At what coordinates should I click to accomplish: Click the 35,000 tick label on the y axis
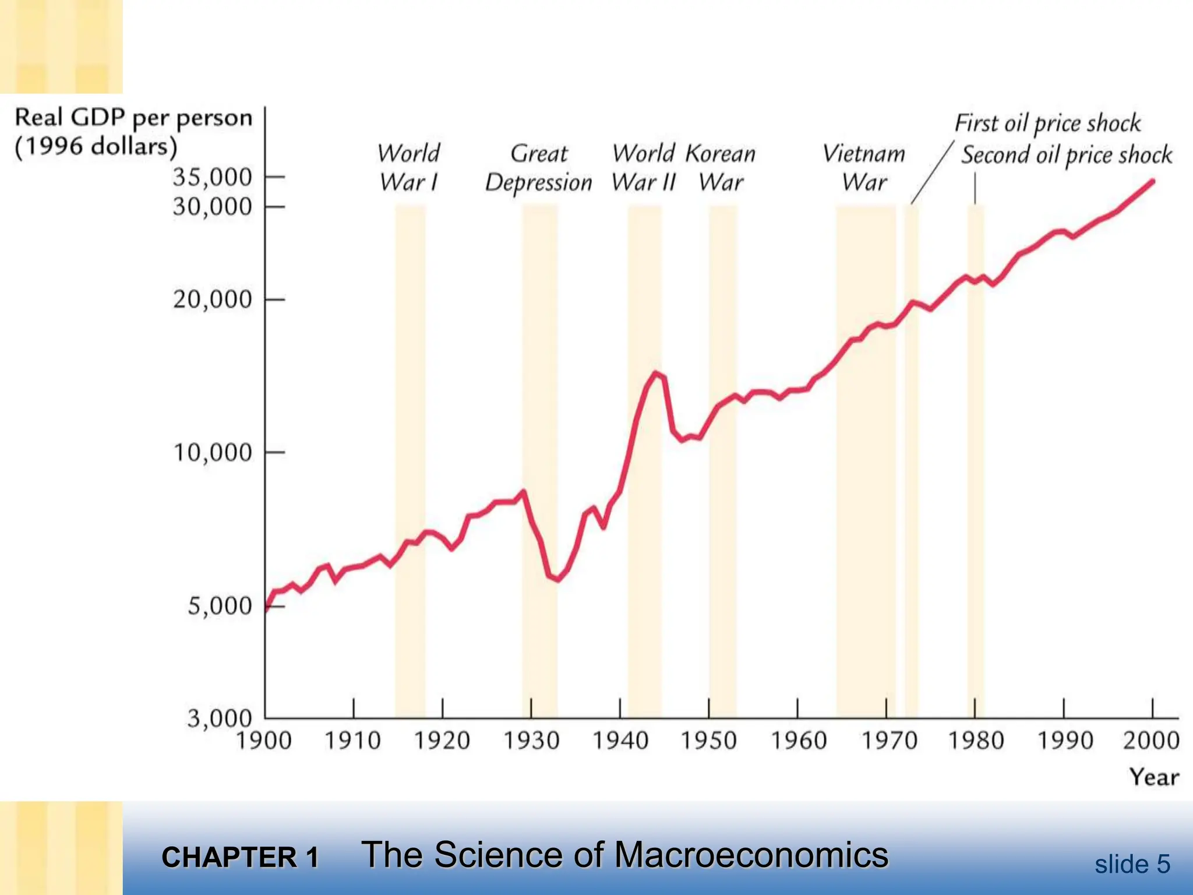[x=212, y=177]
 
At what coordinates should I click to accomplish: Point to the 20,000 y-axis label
[x=212, y=299]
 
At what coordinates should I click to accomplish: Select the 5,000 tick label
[x=219, y=606]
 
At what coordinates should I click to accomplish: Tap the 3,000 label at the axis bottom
[x=219, y=718]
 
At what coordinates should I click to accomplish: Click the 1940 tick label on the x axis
[x=620, y=741]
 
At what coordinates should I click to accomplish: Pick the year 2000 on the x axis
[x=1151, y=741]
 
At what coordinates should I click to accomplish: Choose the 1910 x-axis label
[x=352, y=741]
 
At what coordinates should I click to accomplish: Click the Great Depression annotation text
[x=539, y=168]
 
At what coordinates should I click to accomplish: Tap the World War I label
[x=409, y=168]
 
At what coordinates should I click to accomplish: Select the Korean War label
[x=721, y=168]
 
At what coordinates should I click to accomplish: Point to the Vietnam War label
[x=864, y=168]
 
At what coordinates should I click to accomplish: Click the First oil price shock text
[x=1047, y=124]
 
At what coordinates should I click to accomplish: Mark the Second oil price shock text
[x=1067, y=155]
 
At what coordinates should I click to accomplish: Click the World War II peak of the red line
[x=656, y=373]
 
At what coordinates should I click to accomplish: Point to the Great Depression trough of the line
[x=558, y=579]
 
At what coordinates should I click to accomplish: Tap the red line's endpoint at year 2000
[x=1152, y=181]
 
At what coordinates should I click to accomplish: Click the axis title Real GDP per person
[x=133, y=118]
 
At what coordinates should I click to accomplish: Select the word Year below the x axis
[x=1154, y=777]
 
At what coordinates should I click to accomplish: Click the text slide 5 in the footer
[x=1132, y=864]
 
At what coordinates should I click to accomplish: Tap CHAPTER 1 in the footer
[x=240, y=858]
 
